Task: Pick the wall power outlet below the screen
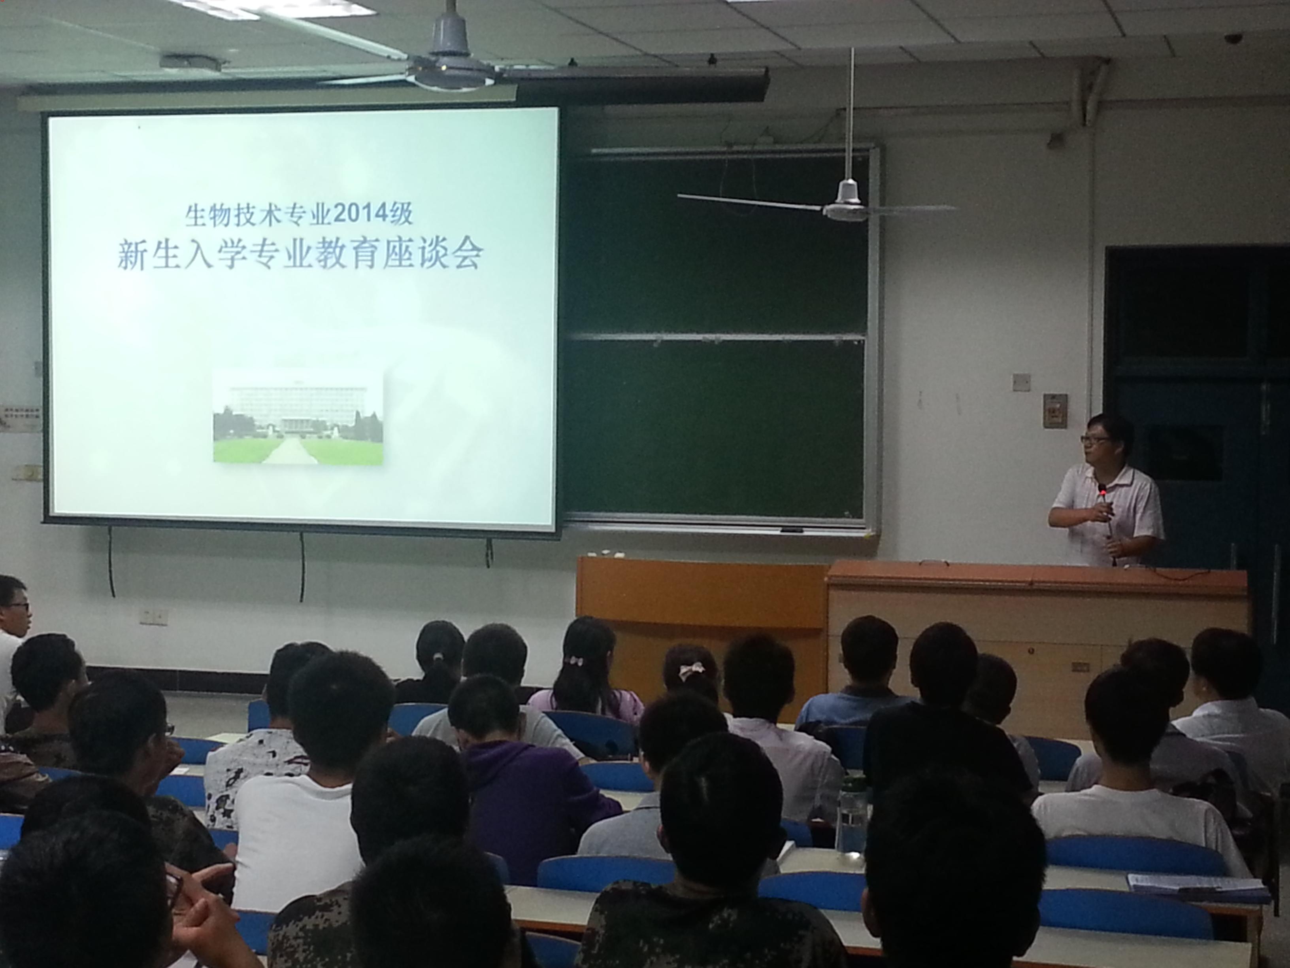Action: tap(153, 614)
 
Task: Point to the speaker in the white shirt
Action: tap(1104, 490)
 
